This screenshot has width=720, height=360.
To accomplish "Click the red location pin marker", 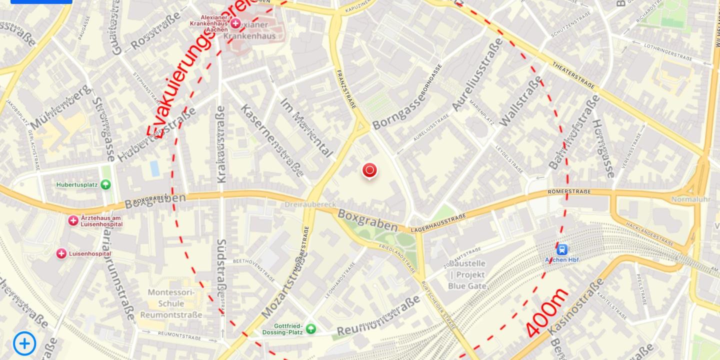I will pyautogui.click(x=369, y=170).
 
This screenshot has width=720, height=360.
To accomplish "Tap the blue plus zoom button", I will pyautogui.click(x=24, y=343).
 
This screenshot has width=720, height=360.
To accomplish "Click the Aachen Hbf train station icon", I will pyautogui.click(x=562, y=249).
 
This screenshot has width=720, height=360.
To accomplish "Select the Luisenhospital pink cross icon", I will pyautogui.click(x=61, y=254).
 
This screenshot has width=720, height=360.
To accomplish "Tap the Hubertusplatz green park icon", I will pyautogui.click(x=105, y=184).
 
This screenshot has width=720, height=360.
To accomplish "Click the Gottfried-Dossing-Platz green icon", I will pyautogui.click(x=311, y=328).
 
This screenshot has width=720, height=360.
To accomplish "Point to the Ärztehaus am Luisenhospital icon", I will pyautogui.click(x=73, y=220).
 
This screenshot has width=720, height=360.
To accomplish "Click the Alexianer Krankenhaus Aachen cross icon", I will pyautogui.click(x=235, y=23).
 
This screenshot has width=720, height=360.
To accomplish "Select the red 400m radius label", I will pyautogui.click(x=547, y=313).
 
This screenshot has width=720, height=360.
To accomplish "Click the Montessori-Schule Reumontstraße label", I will pyautogui.click(x=171, y=303).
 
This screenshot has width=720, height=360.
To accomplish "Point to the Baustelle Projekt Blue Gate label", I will pyautogui.click(x=467, y=274).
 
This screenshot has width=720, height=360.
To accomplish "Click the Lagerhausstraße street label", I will pyautogui.click(x=438, y=223).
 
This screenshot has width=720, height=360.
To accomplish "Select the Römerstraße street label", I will pyautogui.click(x=569, y=191).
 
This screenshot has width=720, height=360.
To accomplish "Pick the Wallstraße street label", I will pyautogui.click(x=520, y=102).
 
